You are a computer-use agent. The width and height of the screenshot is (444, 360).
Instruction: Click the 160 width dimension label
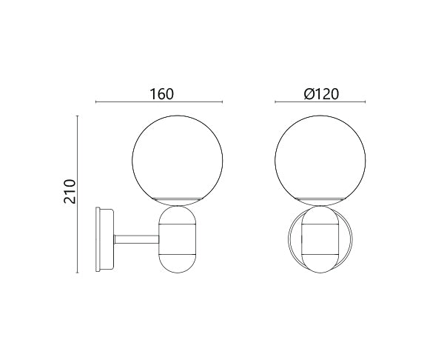(x=161, y=94)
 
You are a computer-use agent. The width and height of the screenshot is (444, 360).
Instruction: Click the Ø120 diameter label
(x=321, y=94)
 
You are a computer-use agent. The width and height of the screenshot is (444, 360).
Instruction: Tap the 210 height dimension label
(x=70, y=191)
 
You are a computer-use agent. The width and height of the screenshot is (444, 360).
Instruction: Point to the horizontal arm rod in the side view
(x=136, y=239)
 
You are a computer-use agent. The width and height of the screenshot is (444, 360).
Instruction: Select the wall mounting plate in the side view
(x=105, y=239)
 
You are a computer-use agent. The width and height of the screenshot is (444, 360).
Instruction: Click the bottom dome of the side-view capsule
(x=178, y=264)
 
